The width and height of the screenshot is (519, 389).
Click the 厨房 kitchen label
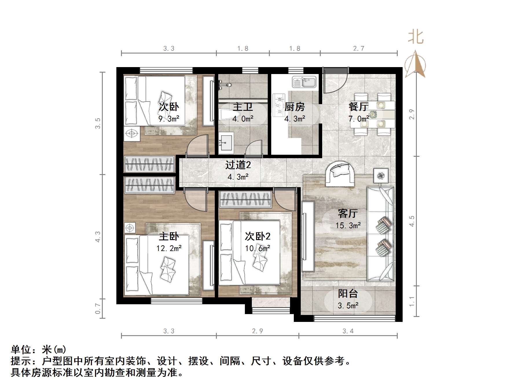(x=294, y=107)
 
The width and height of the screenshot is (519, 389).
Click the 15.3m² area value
(x=348, y=225)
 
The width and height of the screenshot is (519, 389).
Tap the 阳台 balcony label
(x=348, y=294)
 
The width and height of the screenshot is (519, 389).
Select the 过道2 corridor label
(x=238, y=165)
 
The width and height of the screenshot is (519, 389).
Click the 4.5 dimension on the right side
(x=412, y=221)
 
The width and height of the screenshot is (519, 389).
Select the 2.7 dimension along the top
(x=358, y=48)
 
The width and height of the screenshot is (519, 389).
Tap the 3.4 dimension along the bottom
(x=348, y=331)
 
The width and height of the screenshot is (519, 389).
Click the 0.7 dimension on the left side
(x=98, y=308)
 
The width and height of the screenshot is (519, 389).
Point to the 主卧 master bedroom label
(x=169, y=236)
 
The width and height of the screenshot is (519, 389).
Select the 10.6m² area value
(x=258, y=248)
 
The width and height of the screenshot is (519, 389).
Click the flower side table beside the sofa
(x=380, y=175)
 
